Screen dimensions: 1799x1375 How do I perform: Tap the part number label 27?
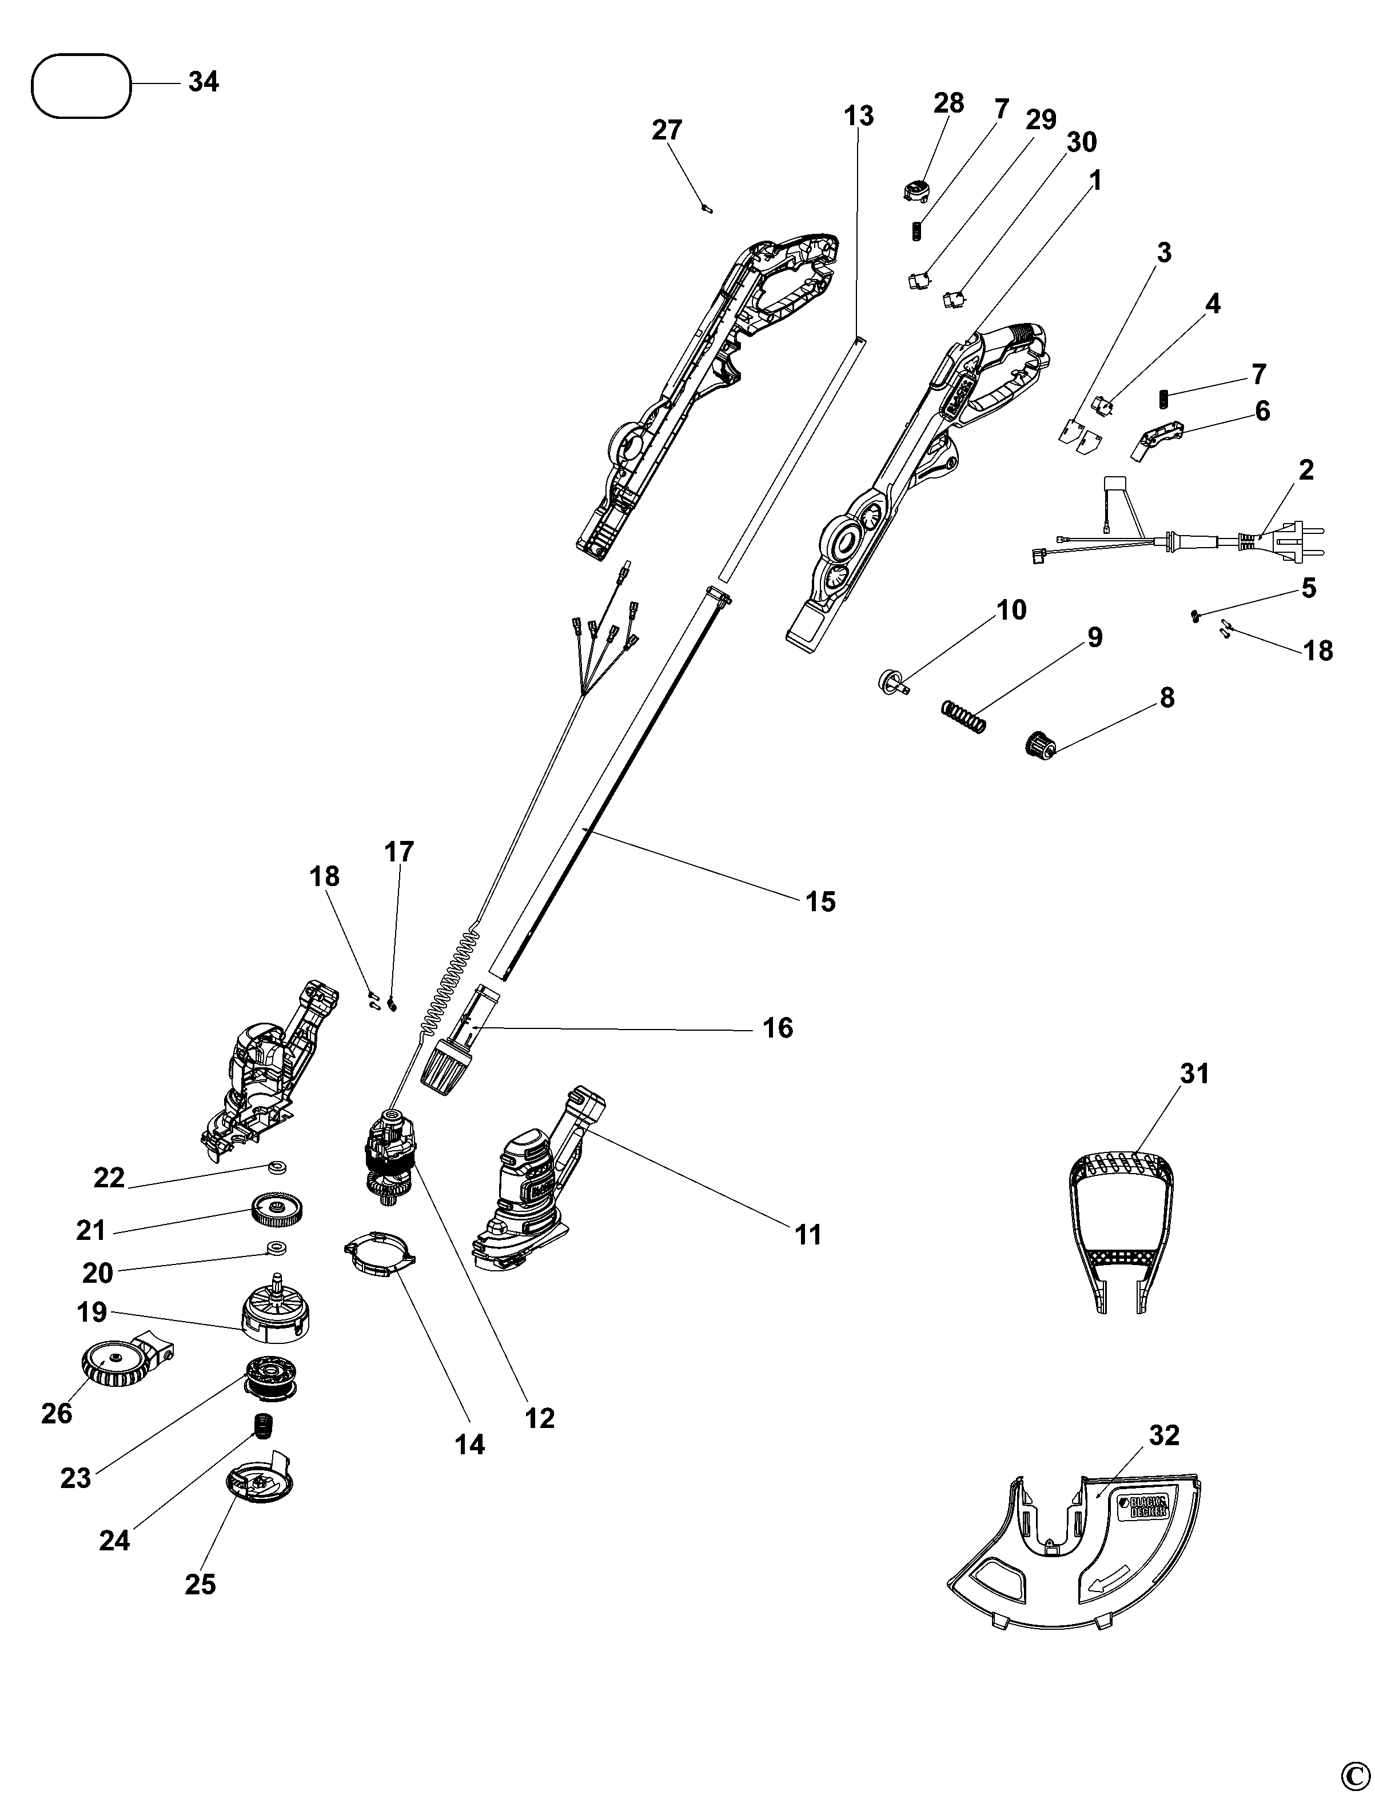click(667, 130)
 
